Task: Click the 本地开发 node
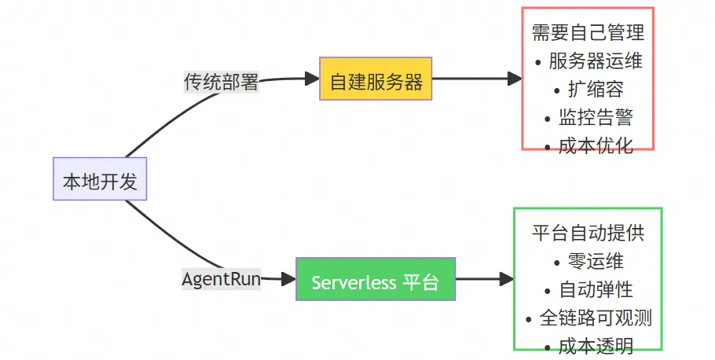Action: (x=100, y=182)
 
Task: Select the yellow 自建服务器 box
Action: (x=376, y=79)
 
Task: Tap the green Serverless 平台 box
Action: (x=376, y=279)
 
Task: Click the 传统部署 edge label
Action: (x=221, y=81)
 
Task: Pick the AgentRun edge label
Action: (x=221, y=279)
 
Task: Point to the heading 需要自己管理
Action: (x=588, y=33)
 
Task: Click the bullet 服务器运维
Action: (x=588, y=61)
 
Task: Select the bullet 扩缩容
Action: (x=588, y=89)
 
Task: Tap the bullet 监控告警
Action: (x=588, y=117)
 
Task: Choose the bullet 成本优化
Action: (x=588, y=145)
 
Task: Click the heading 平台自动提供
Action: (x=588, y=233)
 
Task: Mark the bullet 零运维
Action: (x=588, y=261)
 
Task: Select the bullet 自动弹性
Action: (x=588, y=289)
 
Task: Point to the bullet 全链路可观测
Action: (x=588, y=318)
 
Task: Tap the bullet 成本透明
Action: (x=588, y=345)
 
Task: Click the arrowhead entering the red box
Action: (x=515, y=79)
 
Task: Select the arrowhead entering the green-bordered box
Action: (x=507, y=279)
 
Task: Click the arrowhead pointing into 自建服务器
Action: (x=312, y=79)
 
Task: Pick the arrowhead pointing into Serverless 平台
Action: (x=288, y=279)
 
